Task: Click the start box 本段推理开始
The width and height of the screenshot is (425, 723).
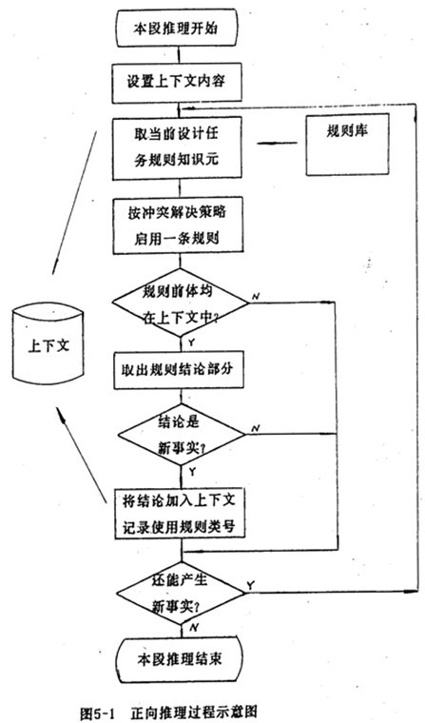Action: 176,29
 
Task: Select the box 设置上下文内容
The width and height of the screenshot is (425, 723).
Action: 177,83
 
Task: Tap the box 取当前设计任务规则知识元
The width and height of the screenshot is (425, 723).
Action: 177,147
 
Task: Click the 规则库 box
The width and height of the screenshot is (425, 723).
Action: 347,145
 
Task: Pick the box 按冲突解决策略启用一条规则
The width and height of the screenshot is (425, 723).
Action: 178,226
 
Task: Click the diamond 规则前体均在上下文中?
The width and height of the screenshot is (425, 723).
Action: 180,303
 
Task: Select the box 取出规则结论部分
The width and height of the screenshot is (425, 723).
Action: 179,370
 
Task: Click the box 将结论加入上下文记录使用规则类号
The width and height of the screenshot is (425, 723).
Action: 180,514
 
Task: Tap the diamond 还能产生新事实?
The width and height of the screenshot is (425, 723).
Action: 180,594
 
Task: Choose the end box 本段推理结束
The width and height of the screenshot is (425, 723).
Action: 180,658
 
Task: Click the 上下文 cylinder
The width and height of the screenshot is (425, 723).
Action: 48,344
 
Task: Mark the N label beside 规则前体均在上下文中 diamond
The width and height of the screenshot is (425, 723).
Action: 255,297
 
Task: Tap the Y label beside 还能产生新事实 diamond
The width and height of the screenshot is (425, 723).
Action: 250,585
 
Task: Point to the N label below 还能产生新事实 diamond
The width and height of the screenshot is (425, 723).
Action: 194,628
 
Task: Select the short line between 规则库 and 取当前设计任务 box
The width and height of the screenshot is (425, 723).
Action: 277,143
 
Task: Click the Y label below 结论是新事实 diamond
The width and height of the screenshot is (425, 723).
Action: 192,472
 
